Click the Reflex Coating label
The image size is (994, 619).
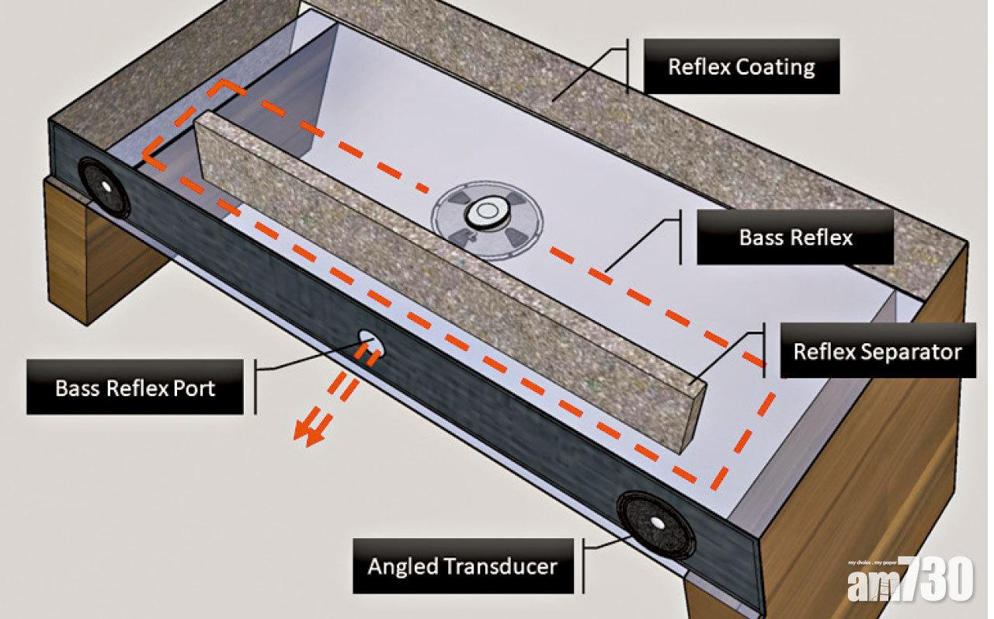pos(741,66)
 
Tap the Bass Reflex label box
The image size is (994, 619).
pos(795,237)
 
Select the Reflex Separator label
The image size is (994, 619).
pos(877,351)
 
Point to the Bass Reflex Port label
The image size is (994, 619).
pos(135,388)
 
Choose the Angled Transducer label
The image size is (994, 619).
pos(462,565)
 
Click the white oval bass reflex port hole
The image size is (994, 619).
pos(370,339)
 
